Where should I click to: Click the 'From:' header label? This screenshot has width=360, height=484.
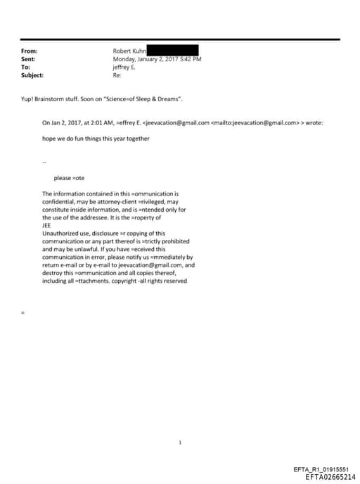(29, 51)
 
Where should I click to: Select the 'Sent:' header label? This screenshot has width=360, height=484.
(29, 59)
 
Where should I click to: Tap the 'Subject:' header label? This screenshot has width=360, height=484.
(32, 75)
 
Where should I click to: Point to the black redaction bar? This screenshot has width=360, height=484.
(172, 51)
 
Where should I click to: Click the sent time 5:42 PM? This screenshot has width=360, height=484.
(190, 59)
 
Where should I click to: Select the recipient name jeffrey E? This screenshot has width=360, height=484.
(124, 67)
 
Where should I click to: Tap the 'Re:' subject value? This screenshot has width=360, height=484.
(117, 75)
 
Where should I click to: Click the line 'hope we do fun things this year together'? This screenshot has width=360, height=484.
(96, 139)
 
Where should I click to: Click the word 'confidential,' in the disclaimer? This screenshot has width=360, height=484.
(58, 201)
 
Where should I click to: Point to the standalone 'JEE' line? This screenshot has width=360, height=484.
(47, 225)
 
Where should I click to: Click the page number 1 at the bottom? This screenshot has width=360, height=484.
(181, 442)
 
